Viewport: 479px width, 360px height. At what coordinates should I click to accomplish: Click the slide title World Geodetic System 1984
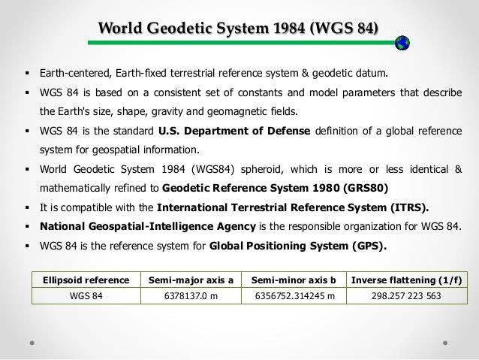pos(238,29)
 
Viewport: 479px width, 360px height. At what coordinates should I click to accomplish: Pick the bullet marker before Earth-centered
pos(28,74)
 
